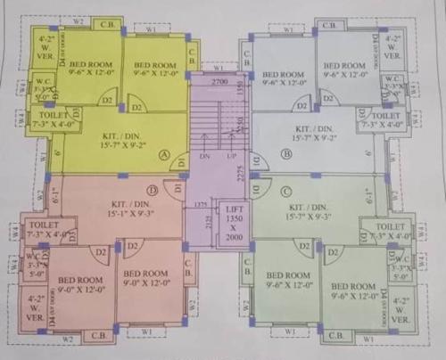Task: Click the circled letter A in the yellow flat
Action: [x=163, y=154]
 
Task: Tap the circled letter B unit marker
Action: [x=286, y=153]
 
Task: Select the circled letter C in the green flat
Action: [x=286, y=191]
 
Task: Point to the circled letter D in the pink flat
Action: [x=153, y=190]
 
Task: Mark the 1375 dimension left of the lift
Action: [x=202, y=204]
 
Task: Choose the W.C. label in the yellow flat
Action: [x=42, y=89]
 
